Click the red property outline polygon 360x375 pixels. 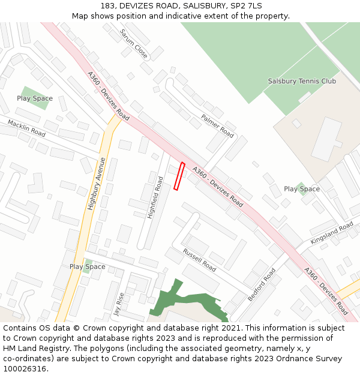179,176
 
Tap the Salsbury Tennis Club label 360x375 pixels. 302,81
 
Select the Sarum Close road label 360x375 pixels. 133,43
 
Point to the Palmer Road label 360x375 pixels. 217,126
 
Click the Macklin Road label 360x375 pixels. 26,128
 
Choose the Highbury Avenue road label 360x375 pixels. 96,183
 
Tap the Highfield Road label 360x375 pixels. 155,197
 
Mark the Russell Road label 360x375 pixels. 199,260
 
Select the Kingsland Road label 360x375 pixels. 332,233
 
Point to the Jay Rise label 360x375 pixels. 119,304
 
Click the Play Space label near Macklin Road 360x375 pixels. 35,98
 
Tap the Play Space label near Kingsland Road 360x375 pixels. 302,189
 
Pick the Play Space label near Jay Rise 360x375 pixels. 87,266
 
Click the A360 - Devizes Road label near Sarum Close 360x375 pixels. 108,97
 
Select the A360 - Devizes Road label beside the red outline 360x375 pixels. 217,187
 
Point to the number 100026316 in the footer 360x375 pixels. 25,369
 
